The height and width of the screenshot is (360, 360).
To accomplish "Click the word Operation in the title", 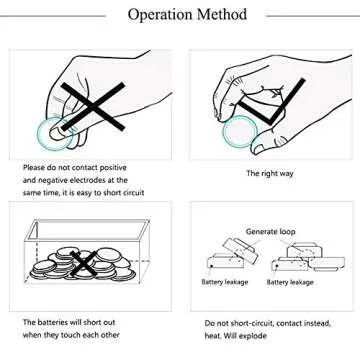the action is [160, 15].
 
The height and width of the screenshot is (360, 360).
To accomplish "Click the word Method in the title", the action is [222, 14].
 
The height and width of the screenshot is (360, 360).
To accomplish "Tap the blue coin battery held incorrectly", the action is [53, 134].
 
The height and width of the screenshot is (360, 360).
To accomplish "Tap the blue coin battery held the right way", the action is [240, 132].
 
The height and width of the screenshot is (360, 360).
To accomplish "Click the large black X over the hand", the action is [93, 106].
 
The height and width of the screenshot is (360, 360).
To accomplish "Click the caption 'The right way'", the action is [270, 173].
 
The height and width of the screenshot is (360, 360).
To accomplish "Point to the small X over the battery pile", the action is [83, 264].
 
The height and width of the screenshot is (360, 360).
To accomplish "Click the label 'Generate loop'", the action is [270, 231].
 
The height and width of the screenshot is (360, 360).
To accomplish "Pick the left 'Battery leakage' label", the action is [225, 282].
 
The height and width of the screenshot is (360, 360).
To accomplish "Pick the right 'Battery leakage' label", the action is [290, 282].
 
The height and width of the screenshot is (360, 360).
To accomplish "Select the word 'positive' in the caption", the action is [110, 168].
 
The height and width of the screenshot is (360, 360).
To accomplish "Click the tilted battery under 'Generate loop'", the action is [240, 250].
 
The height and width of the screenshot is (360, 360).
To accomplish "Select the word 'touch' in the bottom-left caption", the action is [70, 335].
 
